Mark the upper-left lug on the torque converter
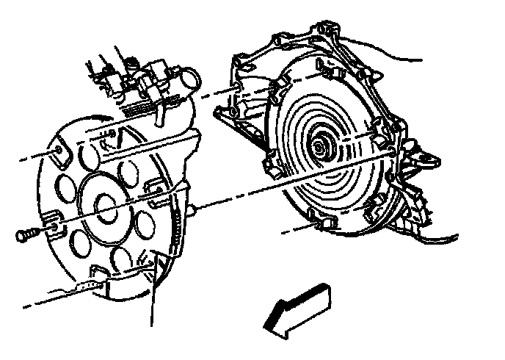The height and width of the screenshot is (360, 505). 277,96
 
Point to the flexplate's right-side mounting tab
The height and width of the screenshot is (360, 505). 155,192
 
